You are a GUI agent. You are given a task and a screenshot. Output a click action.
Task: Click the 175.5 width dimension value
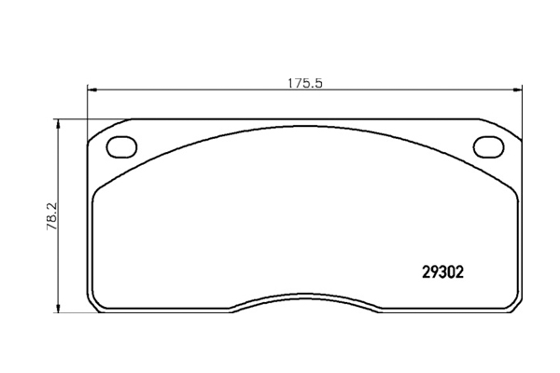305,83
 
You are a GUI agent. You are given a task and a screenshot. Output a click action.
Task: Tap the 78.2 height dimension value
52,216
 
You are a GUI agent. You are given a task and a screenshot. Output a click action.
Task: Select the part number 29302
442,272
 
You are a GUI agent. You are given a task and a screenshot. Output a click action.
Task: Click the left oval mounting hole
121,146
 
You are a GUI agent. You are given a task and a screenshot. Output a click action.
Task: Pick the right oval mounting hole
489,146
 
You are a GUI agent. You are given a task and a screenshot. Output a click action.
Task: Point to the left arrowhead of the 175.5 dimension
91,90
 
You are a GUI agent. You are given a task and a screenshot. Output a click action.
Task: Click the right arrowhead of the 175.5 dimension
517,90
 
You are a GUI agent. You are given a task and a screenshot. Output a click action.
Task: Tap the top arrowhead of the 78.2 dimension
58,124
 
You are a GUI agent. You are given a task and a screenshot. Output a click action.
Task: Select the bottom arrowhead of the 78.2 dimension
58,309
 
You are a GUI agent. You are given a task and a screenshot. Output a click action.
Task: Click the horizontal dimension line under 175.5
304,90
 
